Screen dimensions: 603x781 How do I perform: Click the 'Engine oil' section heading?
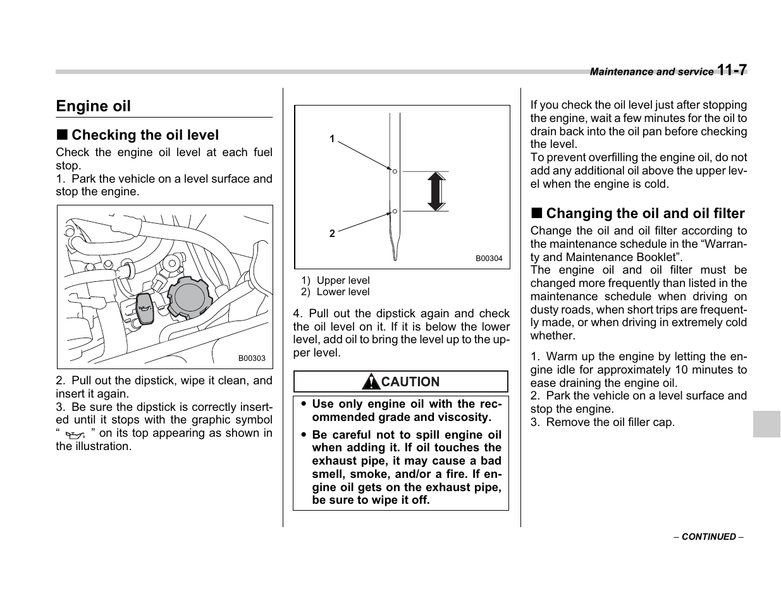(93, 106)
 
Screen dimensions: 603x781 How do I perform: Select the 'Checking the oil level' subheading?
(145, 135)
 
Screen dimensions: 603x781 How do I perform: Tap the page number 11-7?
(732, 70)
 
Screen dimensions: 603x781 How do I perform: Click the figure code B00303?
(252, 358)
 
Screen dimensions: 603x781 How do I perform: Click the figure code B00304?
(489, 259)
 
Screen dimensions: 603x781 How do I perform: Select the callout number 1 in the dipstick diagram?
(332, 139)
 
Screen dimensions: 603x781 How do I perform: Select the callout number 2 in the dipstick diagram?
(332, 233)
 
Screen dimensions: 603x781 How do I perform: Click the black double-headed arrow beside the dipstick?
(436, 191)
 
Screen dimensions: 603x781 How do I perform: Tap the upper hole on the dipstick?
(394, 171)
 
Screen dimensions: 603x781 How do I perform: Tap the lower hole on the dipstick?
(394, 211)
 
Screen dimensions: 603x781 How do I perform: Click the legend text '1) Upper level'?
(335, 281)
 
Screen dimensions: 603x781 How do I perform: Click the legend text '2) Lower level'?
(335, 292)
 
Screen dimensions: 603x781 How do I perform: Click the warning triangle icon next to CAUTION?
(371, 382)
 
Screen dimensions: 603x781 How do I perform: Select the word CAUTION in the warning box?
(410, 382)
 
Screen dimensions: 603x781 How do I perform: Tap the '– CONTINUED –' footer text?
(708, 537)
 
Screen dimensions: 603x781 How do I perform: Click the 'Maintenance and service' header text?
(651, 72)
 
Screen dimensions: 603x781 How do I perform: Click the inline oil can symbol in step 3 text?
(75, 435)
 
